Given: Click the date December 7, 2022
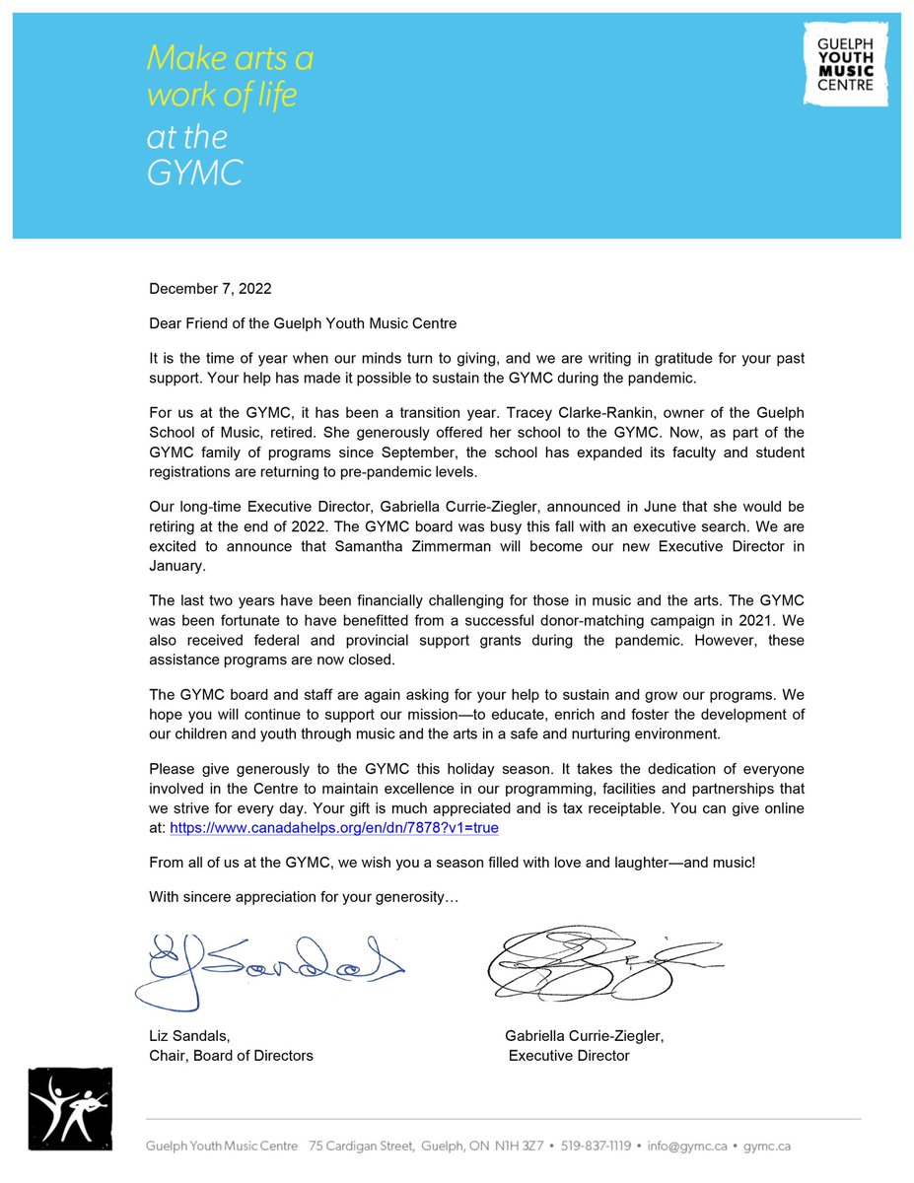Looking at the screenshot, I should [x=210, y=289].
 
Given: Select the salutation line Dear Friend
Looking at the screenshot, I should [x=303, y=322].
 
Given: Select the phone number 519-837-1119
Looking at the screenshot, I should [x=596, y=1147].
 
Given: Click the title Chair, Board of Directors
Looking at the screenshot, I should [x=231, y=1056].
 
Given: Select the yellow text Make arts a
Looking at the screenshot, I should [x=230, y=59].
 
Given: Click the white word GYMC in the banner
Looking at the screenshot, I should [x=194, y=173].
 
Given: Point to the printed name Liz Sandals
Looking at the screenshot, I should [x=188, y=1035].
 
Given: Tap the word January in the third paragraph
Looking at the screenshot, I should [x=178, y=566].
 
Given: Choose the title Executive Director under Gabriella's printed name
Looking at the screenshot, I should [x=569, y=1056].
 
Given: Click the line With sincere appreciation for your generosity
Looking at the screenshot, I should [x=304, y=897].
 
